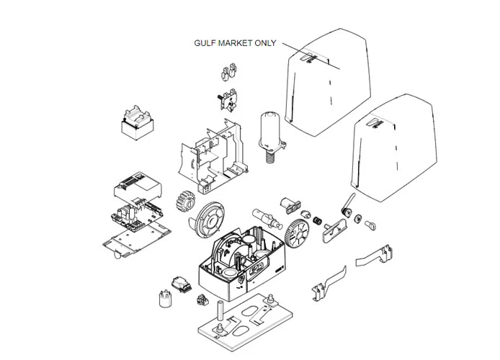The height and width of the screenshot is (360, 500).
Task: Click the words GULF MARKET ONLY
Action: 235,42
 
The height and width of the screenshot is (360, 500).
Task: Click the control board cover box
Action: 138,187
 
